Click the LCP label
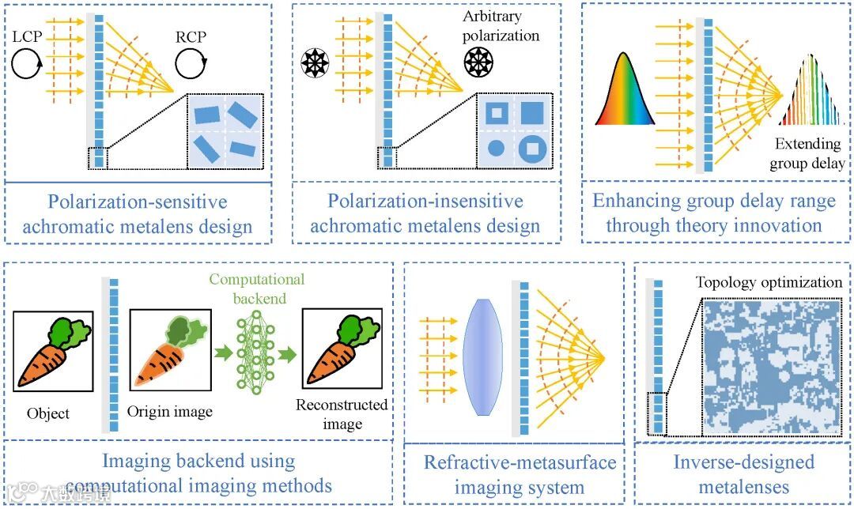(x=28, y=37)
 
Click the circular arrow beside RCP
(x=191, y=63)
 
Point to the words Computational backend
(x=257, y=288)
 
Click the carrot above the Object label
(x=52, y=352)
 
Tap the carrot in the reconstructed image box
(x=342, y=352)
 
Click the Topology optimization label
(x=769, y=283)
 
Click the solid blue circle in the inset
(x=496, y=147)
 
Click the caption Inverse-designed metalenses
(x=743, y=473)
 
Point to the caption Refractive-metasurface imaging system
(x=520, y=474)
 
